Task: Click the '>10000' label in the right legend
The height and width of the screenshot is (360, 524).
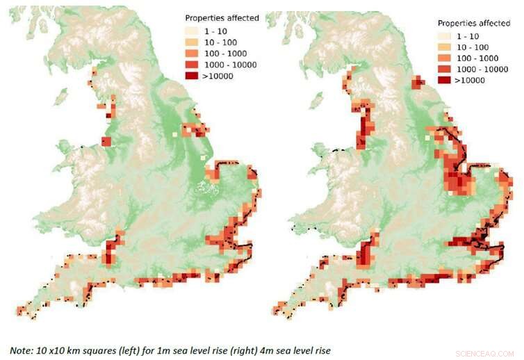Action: [x=468, y=80]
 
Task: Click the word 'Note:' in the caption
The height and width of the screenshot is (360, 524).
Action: [x=23, y=350]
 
